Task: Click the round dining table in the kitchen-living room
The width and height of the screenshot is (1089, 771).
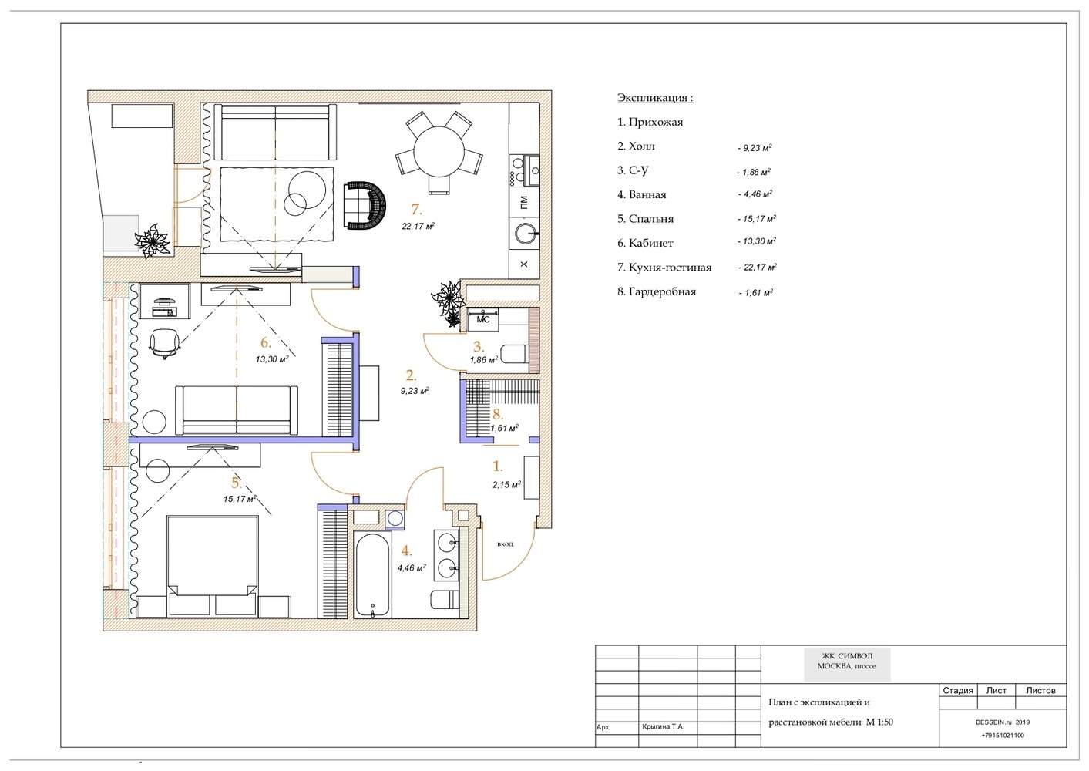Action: point(439,151)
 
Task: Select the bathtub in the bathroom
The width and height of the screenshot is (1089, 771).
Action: point(372,575)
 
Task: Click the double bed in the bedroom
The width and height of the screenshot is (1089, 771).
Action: point(213,566)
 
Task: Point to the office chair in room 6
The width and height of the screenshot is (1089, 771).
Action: point(164,342)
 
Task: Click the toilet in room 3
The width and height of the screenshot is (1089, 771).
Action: point(514,354)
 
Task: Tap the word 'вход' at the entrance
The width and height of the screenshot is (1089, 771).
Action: point(505,544)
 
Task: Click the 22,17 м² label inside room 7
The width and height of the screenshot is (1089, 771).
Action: point(418,226)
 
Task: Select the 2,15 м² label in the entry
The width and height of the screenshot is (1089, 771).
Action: point(506,484)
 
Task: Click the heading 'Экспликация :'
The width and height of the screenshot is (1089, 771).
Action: point(655,98)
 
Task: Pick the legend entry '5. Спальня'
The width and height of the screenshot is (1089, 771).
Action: point(646,219)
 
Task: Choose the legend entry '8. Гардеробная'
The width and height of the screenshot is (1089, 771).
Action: point(657,292)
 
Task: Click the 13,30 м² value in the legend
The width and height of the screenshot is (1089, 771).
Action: point(757,241)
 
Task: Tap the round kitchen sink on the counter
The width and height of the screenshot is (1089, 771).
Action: point(526,234)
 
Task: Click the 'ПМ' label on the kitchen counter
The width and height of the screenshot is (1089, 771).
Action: point(523,202)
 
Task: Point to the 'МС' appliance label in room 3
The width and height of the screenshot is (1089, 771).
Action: point(483,320)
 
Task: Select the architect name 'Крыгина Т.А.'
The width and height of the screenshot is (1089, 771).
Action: point(663,726)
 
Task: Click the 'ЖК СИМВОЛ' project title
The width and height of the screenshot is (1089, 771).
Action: point(847,655)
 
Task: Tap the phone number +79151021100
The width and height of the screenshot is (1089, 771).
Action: point(1003,735)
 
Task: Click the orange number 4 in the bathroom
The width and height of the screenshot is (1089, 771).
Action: point(406,551)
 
